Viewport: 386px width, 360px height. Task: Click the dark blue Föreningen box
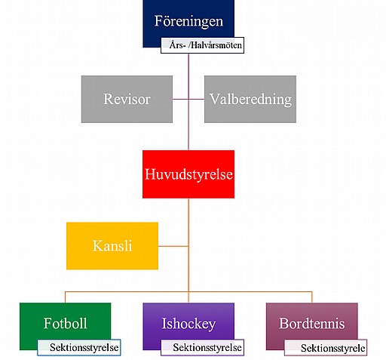[x=188, y=20]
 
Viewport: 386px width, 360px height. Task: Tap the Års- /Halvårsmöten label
[x=202, y=45]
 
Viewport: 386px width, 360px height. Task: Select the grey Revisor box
[x=127, y=99]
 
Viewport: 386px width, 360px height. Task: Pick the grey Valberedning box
[x=250, y=99]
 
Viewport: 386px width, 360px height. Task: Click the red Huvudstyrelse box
[x=188, y=174]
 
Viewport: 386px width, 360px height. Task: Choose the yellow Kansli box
[x=112, y=246]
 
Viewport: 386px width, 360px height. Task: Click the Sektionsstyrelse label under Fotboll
[x=79, y=347]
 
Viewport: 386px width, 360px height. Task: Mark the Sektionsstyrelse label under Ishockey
[x=202, y=347]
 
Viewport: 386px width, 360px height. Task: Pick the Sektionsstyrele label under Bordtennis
[x=326, y=347]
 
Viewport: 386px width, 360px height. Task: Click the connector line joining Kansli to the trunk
[x=173, y=246]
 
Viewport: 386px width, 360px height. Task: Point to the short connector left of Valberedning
[x=197, y=99]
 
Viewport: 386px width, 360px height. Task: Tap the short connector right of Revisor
[x=181, y=99]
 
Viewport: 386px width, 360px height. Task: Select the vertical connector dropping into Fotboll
[x=65, y=297]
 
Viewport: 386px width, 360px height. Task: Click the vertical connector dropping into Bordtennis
[x=312, y=297]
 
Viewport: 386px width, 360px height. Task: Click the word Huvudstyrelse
[x=188, y=174]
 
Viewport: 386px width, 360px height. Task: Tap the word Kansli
[x=112, y=245]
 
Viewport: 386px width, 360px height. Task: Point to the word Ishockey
[x=188, y=324]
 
